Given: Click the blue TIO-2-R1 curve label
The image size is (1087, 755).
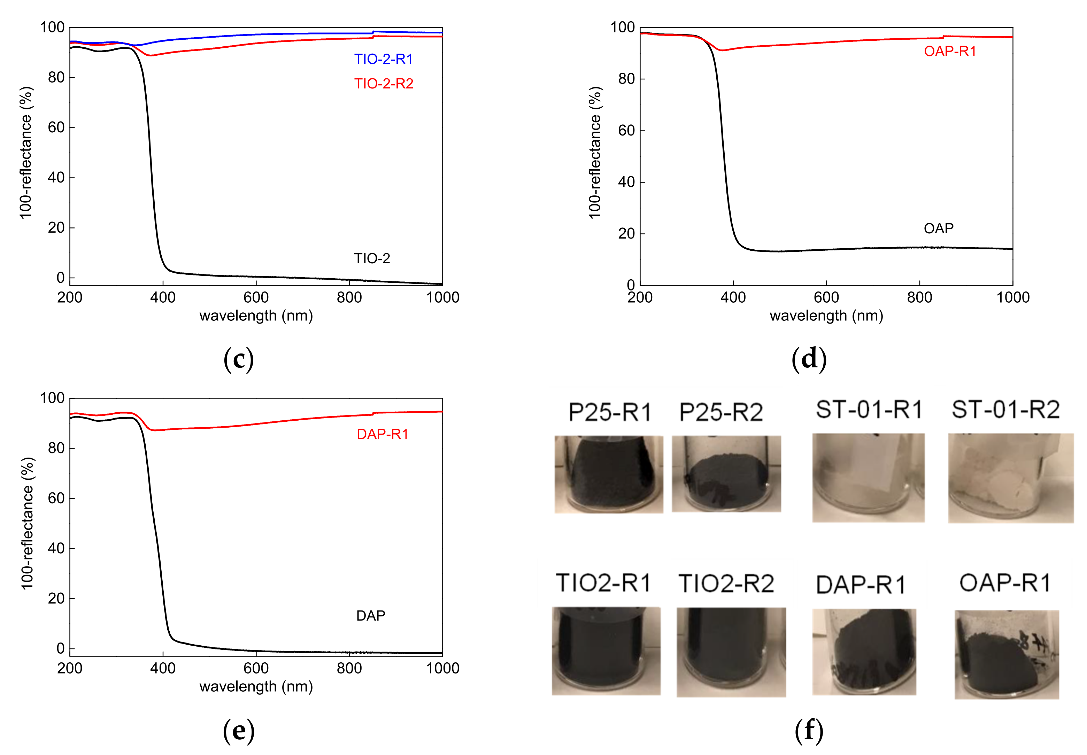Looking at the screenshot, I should [383, 59].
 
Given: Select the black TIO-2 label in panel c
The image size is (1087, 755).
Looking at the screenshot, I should [372, 258].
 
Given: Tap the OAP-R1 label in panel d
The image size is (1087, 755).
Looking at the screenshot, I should [950, 51].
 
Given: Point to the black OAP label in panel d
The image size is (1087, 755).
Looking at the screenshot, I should [938, 228].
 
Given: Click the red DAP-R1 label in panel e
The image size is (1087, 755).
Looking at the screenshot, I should [383, 434].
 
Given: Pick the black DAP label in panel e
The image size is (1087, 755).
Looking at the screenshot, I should [371, 615].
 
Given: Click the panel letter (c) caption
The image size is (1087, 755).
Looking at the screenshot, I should [239, 359].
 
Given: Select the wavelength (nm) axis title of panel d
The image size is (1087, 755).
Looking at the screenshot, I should [826, 316].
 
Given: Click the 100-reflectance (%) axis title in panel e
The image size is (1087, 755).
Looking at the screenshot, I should [28, 523].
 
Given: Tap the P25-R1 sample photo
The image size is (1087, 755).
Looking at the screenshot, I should [609, 474].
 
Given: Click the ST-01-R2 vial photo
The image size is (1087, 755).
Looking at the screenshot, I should [1010, 478].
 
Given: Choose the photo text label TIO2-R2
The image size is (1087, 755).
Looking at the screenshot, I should [726, 583].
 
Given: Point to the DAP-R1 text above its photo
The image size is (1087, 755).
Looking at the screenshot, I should [860, 585].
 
